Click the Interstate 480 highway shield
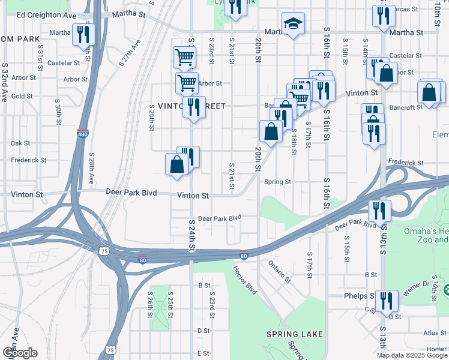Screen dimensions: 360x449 pyautogui.click(x=83, y=134)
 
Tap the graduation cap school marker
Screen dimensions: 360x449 pyautogui.click(x=292, y=25)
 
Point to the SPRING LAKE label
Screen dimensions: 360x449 pyautogui.click(x=295, y=334)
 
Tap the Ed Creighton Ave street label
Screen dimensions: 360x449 pyautogui.click(x=46, y=15)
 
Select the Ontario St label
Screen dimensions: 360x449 pyautogui.click(x=279, y=271)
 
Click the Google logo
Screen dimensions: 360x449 pyautogui.click(x=19, y=352)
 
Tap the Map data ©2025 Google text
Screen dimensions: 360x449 pyautogui.click(x=412, y=356)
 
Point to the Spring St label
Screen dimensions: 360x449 pyautogui.click(x=277, y=182)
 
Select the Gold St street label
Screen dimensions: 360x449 pyautogui.click(x=22, y=96)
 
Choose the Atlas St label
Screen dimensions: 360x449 pyautogui.click(x=435, y=333)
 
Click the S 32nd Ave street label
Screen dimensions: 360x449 pyautogui.click(x=5, y=82)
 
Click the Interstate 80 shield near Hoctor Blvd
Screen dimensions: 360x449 pyautogui.click(x=244, y=255)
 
